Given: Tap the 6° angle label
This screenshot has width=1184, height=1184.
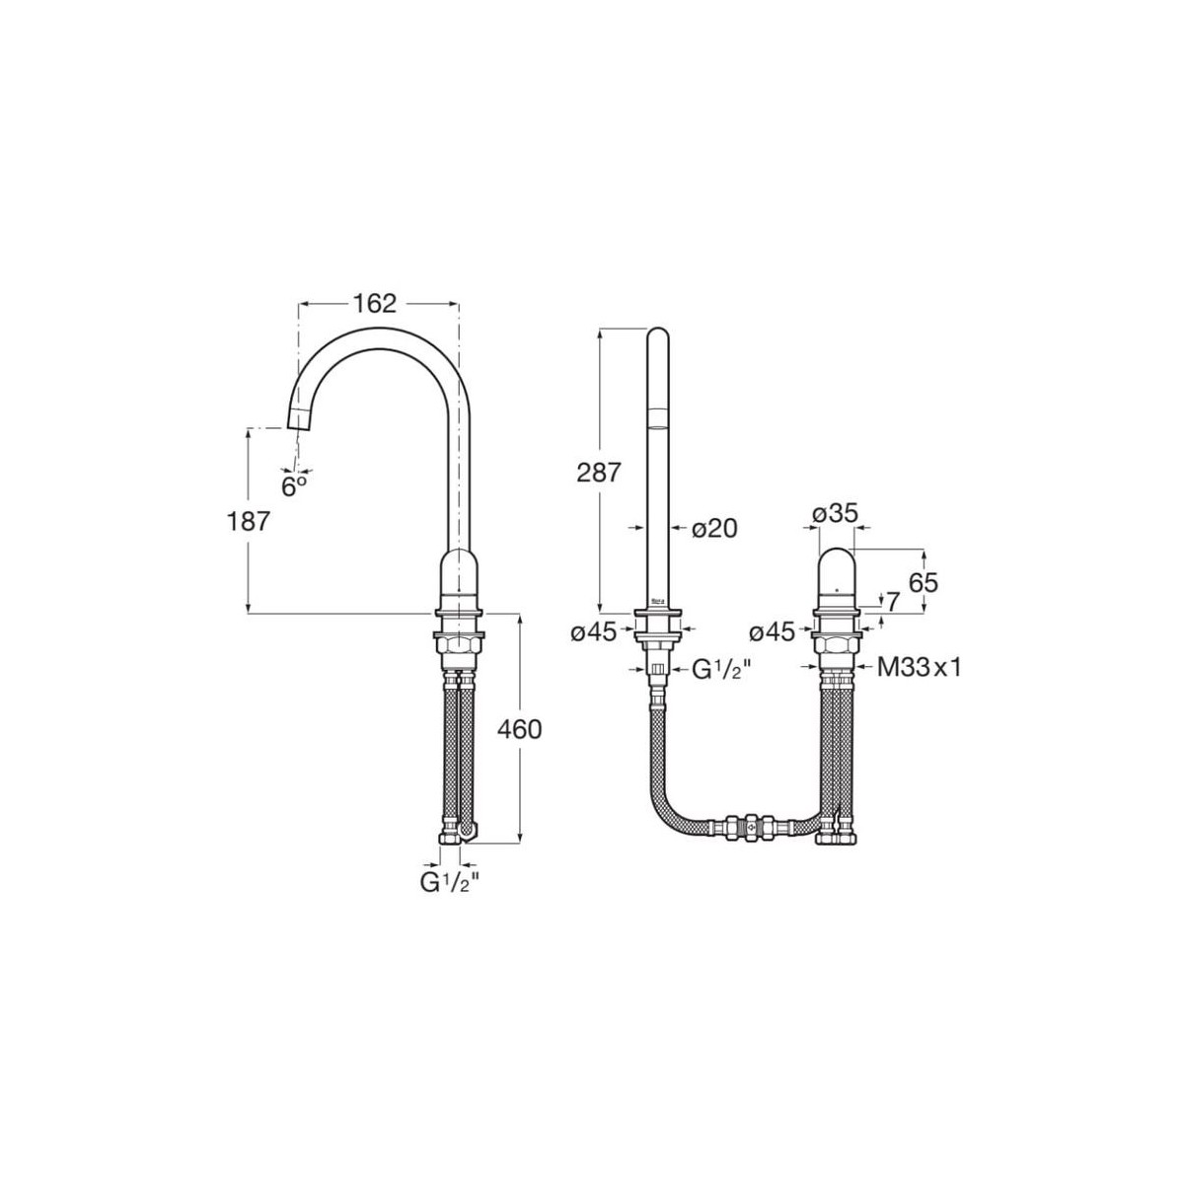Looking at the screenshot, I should coord(294,486).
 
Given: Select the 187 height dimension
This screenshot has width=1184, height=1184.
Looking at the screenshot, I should coord(248,521).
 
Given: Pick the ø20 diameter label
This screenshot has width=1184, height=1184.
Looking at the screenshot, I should coord(714,529).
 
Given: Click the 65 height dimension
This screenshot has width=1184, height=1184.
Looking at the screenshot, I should coord(923,583).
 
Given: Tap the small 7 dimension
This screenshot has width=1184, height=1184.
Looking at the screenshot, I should coord(893,601).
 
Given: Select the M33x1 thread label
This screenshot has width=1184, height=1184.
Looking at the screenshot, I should coord(919,668).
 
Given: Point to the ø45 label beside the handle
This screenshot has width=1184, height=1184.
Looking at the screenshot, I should coord(772,632).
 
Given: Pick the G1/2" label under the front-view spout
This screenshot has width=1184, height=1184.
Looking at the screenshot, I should coord(721,669).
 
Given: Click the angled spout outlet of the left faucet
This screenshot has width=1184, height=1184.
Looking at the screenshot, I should coord(299,417).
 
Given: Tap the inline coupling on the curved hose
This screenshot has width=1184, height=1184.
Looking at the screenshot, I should coord(750,824).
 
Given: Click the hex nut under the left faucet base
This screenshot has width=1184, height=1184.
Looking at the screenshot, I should coord(458,646).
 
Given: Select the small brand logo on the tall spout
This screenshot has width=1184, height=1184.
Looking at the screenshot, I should coord(658,600).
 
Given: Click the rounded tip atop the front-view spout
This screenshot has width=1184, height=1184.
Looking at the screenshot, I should coord(658,340).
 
